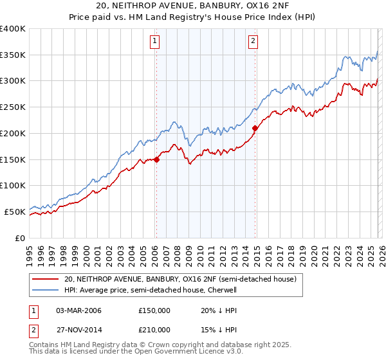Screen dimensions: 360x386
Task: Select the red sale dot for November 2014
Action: click(255, 129)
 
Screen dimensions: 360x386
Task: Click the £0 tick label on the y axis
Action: click(19, 237)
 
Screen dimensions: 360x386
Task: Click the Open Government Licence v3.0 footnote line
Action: click(136, 352)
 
